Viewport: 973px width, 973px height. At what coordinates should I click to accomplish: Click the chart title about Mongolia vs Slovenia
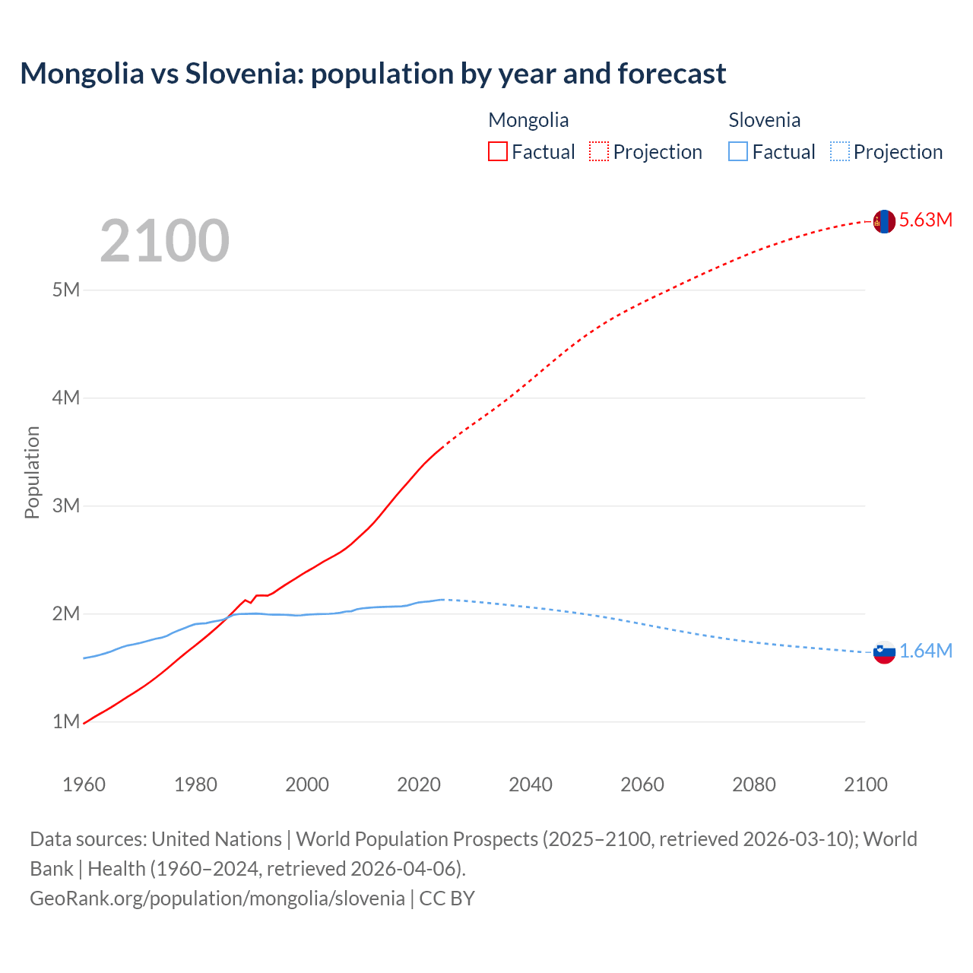(372, 74)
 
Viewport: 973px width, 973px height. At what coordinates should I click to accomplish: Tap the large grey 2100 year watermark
(164, 241)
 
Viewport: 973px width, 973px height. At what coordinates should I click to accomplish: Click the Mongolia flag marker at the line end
(883, 221)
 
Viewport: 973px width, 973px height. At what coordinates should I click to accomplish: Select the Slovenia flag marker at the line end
(883, 651)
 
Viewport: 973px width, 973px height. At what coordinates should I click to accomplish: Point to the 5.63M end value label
(925, 220)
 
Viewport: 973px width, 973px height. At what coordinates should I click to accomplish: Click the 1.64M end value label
(925, 651)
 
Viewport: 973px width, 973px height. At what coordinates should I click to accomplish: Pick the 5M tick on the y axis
(66, 290)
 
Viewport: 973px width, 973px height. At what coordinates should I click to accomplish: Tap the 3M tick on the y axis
(66, 506)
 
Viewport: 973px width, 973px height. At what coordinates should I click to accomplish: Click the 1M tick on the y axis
(66, 721)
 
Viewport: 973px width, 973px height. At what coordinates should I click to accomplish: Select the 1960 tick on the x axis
(84, 784)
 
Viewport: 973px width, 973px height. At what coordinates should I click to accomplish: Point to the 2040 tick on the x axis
(531, 784)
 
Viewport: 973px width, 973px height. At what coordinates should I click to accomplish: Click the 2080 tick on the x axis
(754, 784)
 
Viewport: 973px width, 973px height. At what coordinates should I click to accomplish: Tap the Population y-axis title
(32, 472)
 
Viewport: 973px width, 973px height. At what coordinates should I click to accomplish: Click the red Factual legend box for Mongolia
(497, 151)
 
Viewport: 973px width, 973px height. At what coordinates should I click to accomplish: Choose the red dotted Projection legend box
(599, 151)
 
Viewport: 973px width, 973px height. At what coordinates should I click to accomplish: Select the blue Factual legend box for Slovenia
(738, 151)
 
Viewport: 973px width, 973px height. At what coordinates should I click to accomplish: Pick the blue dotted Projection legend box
(840, 151)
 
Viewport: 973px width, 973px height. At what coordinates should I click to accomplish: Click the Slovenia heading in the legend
(764, 120)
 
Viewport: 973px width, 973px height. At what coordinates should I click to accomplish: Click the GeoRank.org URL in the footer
(217, 899)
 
